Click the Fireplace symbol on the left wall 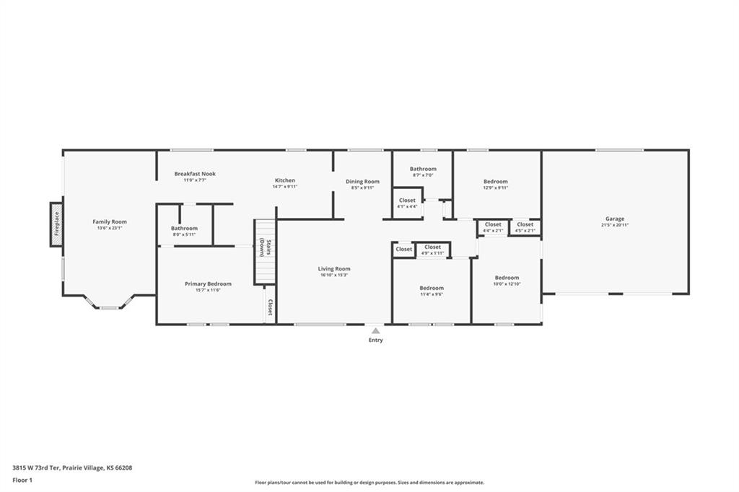(x=56, y=224)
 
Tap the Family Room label (x=110, y=221)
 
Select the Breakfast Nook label (x=195, y=174)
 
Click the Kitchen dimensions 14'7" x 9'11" (x=285, y=187)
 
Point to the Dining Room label (x=362, y=182)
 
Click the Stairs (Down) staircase (x=265, y=252)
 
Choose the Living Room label (x=334, y=269)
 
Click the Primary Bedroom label (x=208, y=284)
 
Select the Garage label (x=615, y=219)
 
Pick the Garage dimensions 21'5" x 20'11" (x=615, y=225)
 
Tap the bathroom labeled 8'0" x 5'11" (x=184, y=231)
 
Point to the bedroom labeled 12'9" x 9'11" (x=496, y=184)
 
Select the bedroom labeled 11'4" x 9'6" (x=432, y=291)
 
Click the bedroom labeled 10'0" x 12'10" (x=507, y=281)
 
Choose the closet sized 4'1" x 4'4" (x=407, y=203)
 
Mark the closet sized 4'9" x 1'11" (x=432, y=250)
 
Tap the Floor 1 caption (x=24, y=480)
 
